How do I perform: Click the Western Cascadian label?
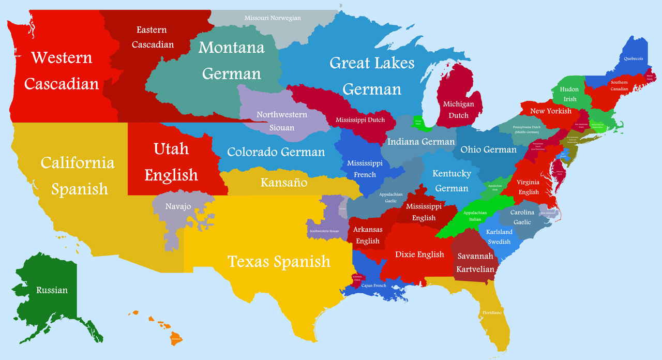click(62, 70)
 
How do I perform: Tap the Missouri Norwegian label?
click(273, 18)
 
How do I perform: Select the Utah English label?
click(171, 162)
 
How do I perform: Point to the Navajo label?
click(178, 206)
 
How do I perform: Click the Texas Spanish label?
click(279, 261)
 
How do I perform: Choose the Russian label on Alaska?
click(52, 290)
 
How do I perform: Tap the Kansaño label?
click(284, 183)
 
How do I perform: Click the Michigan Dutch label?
click(458, 110)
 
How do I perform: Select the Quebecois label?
click(633, 58)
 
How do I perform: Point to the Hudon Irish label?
click(569, 94)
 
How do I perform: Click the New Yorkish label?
click(551, 111)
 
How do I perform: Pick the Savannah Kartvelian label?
click(475, 263)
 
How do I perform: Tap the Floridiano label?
click(492, 313)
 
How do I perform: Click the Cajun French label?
click(373, 286)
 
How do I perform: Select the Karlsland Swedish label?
click(499, 237)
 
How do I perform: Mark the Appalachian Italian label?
click(475, 216)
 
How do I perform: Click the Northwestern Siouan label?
click(282, 121)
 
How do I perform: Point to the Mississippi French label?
click(365, 169)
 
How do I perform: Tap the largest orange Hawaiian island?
click(177, 339)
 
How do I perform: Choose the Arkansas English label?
click(368, 235)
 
